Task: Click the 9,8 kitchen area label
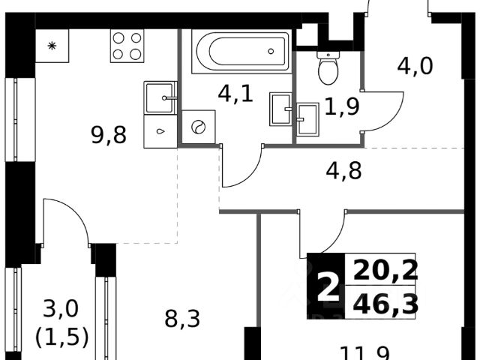tap(109, 136)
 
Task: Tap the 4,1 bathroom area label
tap(234, 94)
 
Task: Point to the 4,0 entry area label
tap(415, 67)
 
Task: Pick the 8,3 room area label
tap(181, 321)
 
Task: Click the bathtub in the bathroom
tap(240, 52)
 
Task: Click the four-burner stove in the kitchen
tap(127, 46)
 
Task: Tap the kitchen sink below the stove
tap(160, 98)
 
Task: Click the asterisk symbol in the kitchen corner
tap(52, 46)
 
